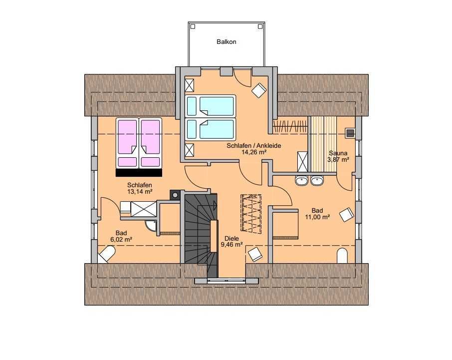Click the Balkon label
(226, 42)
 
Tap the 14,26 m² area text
(253, 152)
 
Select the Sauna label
(338, 153)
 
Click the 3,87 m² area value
(338, 159)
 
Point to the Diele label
(232, 239)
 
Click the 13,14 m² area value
(140, 191)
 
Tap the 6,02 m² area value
(121, 239)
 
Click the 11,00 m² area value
(317, 217)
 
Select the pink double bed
(139, 147)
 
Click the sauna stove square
(350, 133)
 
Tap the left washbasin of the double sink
(301, 180)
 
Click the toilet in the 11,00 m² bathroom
(342, 256)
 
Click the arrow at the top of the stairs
(215, 205)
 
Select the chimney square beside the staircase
(175, 195)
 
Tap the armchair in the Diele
(255, 254)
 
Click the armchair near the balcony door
(259, 90)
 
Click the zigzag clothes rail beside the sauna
(290, 127)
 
